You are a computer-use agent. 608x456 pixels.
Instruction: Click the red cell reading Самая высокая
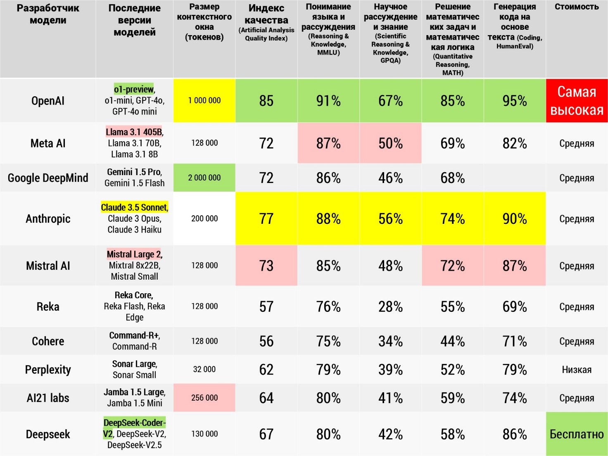(577, 101)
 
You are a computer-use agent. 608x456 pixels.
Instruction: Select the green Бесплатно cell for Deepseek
(577, 434)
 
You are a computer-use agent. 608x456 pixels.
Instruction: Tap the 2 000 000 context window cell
(204, 178)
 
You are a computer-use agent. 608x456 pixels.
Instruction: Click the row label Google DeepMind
(48, 178)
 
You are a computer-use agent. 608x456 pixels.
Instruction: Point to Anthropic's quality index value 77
(266, 218)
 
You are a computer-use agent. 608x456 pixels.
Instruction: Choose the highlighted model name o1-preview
(134, 89)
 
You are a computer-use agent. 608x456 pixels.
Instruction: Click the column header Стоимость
(577, 7)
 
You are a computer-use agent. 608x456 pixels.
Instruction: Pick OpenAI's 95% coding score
(515, 101)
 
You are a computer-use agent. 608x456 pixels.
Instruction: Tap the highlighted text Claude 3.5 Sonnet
(134, 207)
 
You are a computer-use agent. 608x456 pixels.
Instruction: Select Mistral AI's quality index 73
(266, 266)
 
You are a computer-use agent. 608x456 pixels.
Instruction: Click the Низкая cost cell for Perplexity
(577, 370)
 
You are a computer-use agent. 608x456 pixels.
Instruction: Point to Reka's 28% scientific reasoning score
(390, 306)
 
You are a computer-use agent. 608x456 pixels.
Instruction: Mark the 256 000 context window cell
(204, 398)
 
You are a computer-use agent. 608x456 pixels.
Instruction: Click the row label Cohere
(48, 341)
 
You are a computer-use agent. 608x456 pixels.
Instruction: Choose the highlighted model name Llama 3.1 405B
(134, 132)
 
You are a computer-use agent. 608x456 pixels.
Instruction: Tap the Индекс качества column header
(266, 14)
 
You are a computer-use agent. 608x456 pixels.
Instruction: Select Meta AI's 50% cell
(390, 143)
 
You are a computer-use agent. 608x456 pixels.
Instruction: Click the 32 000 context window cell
(204, 369)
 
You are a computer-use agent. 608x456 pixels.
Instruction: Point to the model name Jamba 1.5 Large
(134, 392)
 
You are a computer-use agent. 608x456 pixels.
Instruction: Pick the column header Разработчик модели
(48, 14)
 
